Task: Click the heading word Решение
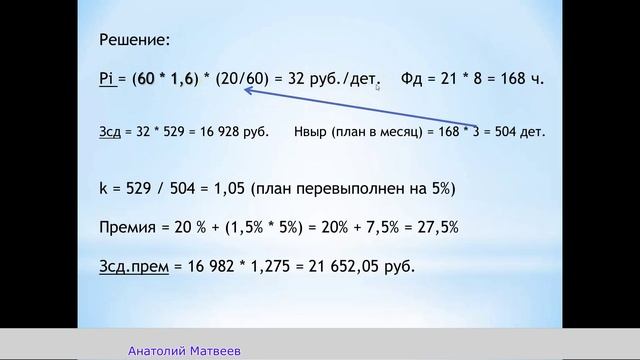tap(135, 41)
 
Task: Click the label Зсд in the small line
tap(110, 132)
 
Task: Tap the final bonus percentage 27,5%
tap(436, 228)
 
